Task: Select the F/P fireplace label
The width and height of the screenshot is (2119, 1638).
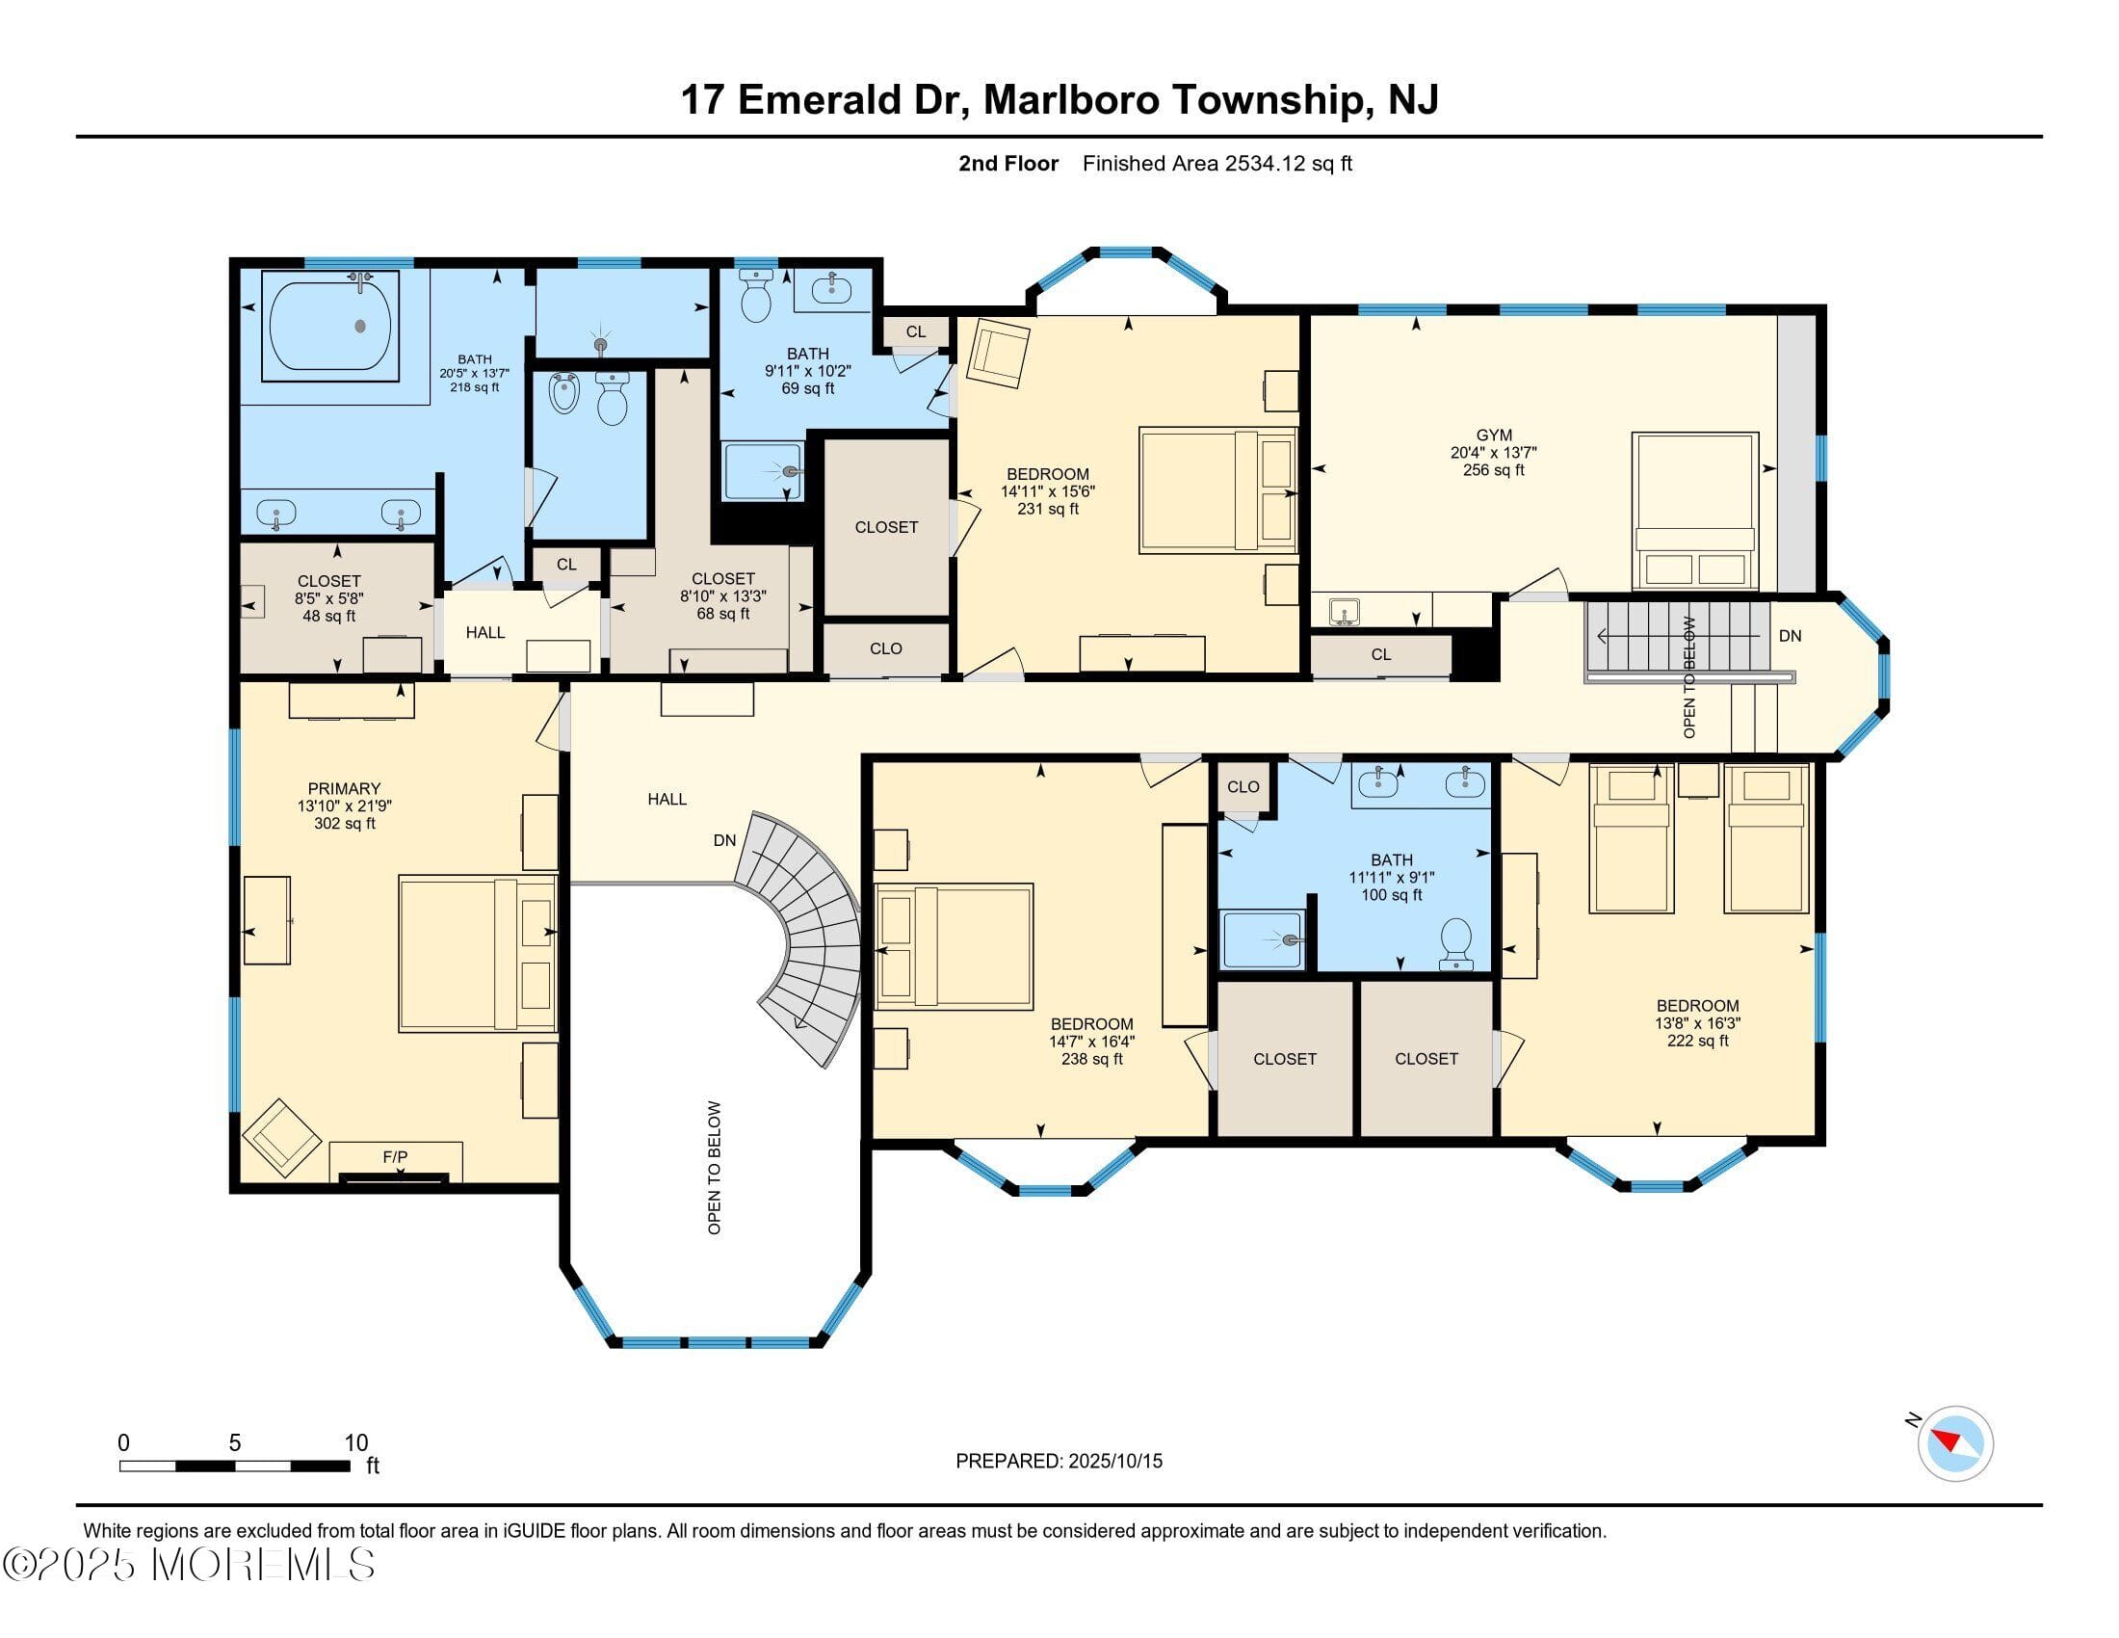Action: point(395,1156)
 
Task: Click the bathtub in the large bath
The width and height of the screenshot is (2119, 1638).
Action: point(330,322)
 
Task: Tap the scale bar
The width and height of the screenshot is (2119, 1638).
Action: point(235,1466)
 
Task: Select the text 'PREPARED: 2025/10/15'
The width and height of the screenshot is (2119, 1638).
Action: point(1059,1461)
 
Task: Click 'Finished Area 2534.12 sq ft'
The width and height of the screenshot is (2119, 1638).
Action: point(1216,163)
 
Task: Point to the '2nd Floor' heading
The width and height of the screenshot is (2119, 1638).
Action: point(1008,163)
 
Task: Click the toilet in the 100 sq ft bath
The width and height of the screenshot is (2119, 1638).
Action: point(1456,943)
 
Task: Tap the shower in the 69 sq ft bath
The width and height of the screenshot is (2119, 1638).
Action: point(764,471)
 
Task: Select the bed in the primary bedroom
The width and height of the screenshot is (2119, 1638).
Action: point(478,954)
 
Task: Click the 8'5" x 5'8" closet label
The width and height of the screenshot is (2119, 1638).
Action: point(328,597)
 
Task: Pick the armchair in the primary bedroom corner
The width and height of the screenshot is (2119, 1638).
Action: point(281,1136)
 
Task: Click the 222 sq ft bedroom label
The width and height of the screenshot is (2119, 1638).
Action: point(1698,1022)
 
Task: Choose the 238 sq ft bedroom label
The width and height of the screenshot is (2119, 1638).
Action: point(1092,1042)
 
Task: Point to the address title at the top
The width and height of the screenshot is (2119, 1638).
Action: point(1059,100)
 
